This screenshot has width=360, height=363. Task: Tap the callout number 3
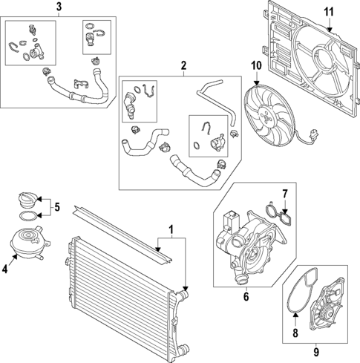point(59,7)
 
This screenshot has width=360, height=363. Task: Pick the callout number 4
point(7,269)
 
